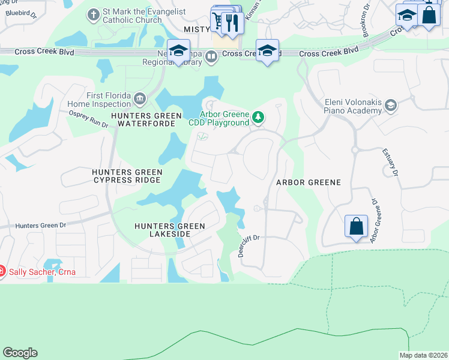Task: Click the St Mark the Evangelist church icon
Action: (x=94, y=14)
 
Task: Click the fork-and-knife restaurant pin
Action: (x=232, y=23)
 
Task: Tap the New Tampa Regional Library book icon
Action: (x=211, y=57)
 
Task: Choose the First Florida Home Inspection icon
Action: (x=139, y=98)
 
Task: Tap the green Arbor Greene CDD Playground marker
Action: (x=258, y=117)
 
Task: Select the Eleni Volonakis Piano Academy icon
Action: (x=391, y=106)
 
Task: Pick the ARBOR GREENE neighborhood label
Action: (x=308, y=182)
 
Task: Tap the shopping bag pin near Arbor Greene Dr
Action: (x=356, y=227)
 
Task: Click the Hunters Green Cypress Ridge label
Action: (x=126, y=176)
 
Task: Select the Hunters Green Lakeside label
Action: (x=169, y=230)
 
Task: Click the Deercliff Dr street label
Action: (x=248, y=245)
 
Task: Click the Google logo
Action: (x=20, y=353)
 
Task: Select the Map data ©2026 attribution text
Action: (x=423, y=355)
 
